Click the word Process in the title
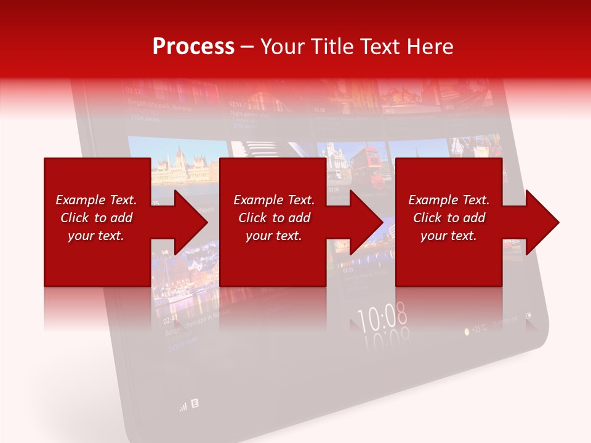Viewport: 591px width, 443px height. tap(193, 46)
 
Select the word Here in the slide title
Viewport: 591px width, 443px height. tap(429, 46)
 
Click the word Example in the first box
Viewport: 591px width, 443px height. tap(79, 200)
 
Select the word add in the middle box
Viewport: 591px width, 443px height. tap(299, 218)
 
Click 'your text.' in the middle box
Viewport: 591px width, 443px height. tap(273, 236)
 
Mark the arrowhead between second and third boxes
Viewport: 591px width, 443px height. tap(367, 222)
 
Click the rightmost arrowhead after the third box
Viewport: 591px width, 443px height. tap(543, 222)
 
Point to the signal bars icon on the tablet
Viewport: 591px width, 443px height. tap(182, 407)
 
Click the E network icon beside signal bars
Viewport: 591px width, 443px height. tap(195, 404)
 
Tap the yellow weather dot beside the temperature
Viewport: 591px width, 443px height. tap(467, 330)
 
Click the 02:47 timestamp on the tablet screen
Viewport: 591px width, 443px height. tap(171, 321)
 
